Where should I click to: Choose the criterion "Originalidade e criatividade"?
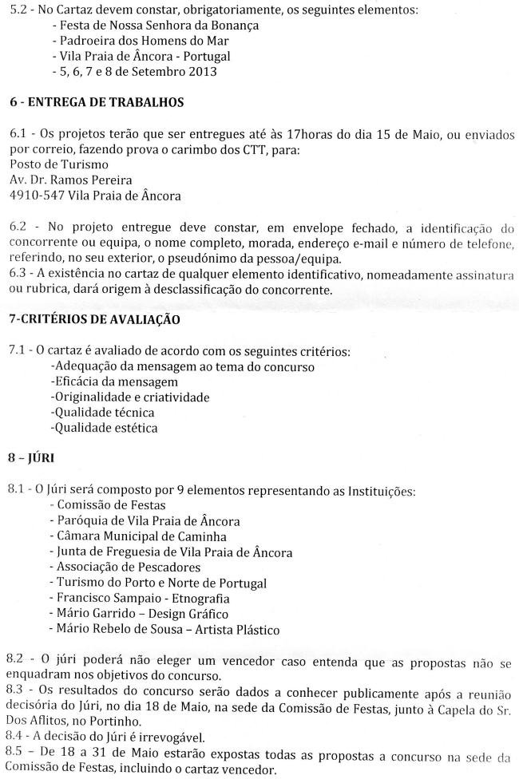130,397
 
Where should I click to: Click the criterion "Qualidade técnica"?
103,413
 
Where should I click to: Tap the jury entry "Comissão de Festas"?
109,505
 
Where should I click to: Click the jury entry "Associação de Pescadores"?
126,567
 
